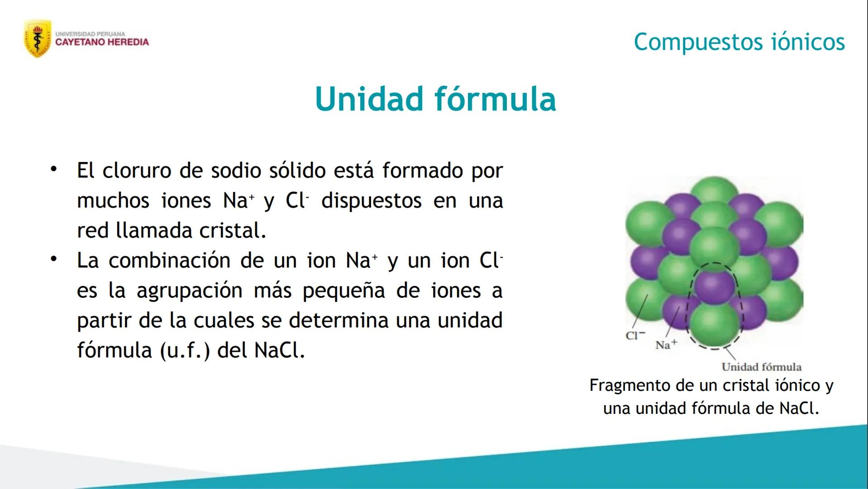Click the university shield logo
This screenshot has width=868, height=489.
pyautogui.click(x=37, y=39)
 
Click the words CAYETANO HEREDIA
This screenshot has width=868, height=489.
pyautogui.click(x=102, y=43)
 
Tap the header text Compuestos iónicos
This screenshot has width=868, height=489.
pyautogui.click(x=739, y=42)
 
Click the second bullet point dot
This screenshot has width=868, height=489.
pyautogui.click(x=54, y=259)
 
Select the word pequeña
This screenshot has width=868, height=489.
pyautogui.click(x=343, y=291)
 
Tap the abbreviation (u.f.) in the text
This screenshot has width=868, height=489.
pyautogui.click(x=185, y=350)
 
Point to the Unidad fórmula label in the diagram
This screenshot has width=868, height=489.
pyautogui.click(x=761, y=367)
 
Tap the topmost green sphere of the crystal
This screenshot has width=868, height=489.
pyautogui.click(x=714, y=190)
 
